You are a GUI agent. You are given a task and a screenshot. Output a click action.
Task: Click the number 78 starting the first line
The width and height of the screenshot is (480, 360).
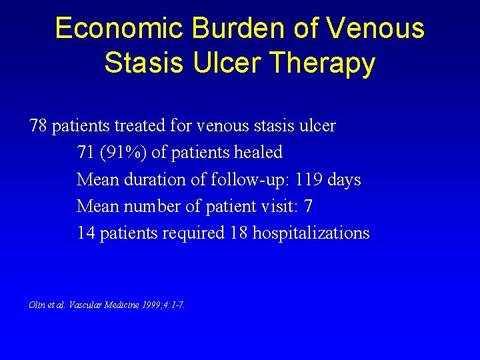pyautogui.click(x=38, y=125)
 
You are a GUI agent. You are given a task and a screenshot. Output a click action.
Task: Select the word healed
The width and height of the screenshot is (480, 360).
pyautogui.click(x=258, y=153)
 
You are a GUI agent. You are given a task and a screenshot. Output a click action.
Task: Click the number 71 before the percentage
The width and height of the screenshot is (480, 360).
pyautogui.click(x=85, y=153)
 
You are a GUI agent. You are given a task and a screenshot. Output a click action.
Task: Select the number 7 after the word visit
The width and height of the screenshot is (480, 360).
pyautogui.click(x=308, y=206)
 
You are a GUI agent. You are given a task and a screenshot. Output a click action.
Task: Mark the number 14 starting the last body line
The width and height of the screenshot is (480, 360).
pyautogui.click(x=85, y=233)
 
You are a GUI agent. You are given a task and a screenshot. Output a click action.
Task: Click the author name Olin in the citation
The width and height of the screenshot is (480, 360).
pyautogui.click(x=37, y=305)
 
